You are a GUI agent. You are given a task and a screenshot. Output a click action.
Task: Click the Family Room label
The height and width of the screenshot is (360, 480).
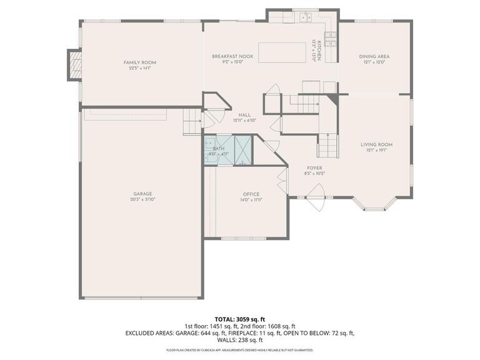[139, 62]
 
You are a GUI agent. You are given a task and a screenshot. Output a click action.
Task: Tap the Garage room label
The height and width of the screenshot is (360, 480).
[142, 194]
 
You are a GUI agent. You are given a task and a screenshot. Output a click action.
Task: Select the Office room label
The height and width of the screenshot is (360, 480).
[251, 194]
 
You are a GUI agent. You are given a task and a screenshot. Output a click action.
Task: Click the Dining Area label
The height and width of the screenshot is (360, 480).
[374, 56]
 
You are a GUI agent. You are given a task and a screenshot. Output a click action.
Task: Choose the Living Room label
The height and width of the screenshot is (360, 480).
[376, 144]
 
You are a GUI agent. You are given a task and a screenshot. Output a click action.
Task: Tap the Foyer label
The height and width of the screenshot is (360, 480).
[314, 167]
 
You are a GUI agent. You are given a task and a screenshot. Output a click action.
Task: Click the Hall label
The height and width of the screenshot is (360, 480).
[244, 115]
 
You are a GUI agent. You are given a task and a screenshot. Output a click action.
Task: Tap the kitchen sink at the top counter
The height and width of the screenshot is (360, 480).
[304, 17]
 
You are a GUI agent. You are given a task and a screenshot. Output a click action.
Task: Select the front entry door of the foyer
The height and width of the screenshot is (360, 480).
[316, 201]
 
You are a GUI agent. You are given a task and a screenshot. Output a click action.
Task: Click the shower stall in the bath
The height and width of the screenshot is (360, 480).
[243, 151]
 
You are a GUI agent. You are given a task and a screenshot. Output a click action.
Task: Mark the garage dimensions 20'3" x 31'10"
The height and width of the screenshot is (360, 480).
[142, 200]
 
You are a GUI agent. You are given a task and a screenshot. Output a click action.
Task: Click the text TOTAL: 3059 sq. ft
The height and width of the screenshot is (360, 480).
[240, 319]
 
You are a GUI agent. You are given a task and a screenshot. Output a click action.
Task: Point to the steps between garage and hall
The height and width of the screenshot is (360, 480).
[192, 121]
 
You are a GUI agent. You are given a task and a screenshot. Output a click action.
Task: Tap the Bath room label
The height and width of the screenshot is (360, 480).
[219, 149]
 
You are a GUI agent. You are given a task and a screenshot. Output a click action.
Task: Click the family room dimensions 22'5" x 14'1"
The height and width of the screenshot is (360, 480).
[139, 68]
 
